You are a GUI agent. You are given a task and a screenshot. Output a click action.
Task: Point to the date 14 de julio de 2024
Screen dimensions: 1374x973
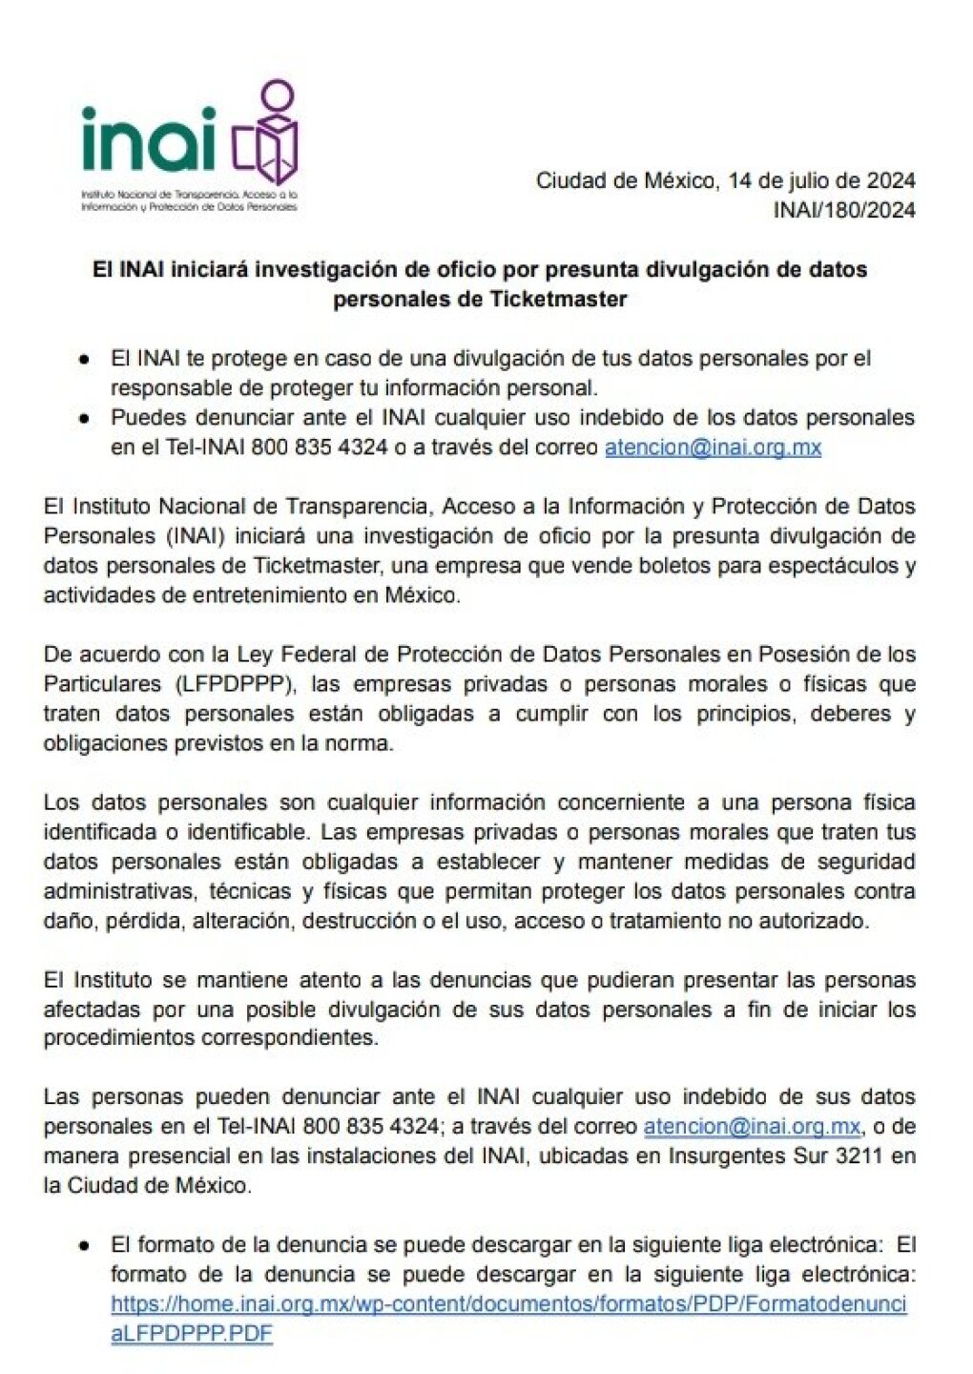(x=821, y=180)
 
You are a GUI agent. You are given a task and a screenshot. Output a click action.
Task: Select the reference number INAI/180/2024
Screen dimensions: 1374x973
(x=844, y=210)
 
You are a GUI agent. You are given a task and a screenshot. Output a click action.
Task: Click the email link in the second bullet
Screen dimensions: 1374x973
(x=713, y=447)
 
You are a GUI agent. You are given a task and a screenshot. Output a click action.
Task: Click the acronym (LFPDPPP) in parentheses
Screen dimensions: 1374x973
(x=238, y=684)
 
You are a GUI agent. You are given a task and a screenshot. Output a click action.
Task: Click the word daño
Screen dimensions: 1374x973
(x=66, y=921)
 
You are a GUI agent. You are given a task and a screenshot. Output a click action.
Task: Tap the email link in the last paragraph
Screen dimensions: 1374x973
(x=752, y=1126)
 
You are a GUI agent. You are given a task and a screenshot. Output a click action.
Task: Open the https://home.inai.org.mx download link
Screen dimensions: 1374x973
(x=508, y=1303)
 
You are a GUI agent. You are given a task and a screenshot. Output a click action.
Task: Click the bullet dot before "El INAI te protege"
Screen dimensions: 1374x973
(x=85, y=359)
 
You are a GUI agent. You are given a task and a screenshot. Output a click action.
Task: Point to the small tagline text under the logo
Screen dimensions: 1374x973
(x=190, y=199)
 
